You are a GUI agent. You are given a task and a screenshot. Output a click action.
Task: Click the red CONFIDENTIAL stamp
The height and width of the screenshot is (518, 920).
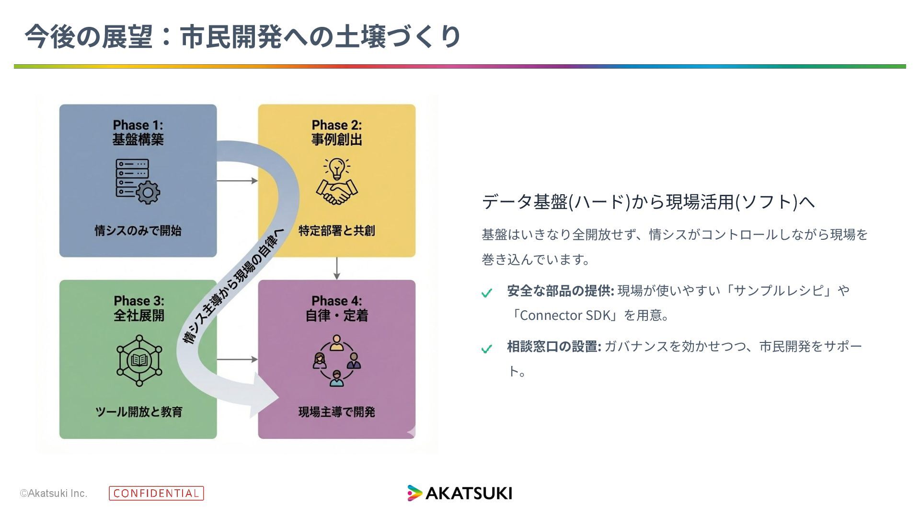pos(156,493)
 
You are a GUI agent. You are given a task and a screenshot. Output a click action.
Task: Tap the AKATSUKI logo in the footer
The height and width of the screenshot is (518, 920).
pos(460,493)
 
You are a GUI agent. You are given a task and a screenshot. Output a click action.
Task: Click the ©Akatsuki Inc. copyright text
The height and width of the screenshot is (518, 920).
pos(54,493)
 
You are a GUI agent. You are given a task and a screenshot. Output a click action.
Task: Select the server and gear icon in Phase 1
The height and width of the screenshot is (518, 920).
pos(138,181)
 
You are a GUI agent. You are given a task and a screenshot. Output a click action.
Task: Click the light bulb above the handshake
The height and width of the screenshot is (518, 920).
pos(336,169)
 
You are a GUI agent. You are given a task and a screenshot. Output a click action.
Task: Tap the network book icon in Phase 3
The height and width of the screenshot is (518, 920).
pos(139,361)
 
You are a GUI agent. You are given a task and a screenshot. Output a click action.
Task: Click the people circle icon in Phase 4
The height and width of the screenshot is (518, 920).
pos(336,361)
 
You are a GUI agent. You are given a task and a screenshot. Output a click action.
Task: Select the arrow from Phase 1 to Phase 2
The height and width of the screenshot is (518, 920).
pos(237,181)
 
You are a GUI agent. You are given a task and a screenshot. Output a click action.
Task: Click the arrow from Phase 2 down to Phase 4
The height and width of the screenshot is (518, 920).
pos(337,269)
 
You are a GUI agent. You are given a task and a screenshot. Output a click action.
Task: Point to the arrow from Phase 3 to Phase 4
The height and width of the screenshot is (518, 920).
pos(237,359)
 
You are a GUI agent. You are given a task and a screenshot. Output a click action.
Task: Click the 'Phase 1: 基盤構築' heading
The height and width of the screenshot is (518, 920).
pos(138,132)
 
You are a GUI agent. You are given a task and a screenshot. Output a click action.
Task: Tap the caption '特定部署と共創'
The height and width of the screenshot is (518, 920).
pos(336,231)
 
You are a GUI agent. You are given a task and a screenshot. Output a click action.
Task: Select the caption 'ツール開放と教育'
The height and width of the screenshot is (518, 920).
pos(139,412)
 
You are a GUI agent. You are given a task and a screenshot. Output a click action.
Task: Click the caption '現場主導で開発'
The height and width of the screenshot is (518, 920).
pos(336,412)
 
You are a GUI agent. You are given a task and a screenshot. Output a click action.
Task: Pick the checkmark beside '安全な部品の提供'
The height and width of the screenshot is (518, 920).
pos(487,293)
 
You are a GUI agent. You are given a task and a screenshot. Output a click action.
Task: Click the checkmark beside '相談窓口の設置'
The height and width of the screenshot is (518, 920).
pos(487,349)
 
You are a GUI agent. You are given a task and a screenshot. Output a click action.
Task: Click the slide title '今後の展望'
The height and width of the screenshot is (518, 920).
pos(89,36)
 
